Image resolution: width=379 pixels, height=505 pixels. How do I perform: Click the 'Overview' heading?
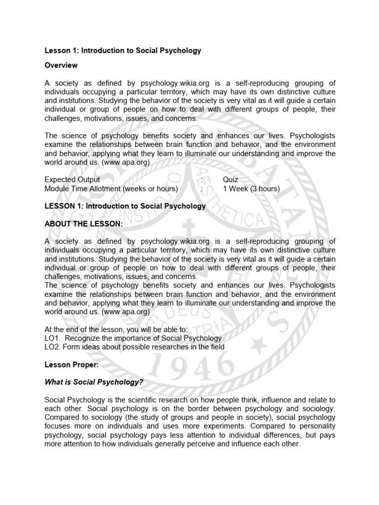(x=61, y=65)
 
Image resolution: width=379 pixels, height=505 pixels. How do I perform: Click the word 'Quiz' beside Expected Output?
(x=230, y=180)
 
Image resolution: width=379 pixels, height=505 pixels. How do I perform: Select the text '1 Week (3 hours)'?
(x=251, y=188)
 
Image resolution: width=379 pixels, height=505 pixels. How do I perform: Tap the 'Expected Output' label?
(x=72, y=180)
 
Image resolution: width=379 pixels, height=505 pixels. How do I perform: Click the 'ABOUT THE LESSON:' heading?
(x=83, y=224)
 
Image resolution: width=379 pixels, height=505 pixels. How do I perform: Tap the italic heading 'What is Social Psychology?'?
(x=94, y=382)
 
